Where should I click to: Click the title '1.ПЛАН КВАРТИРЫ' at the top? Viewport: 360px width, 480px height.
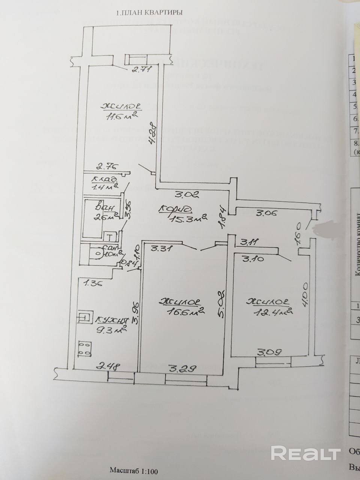(150, 12)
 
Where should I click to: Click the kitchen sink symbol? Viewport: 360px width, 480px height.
(85, 318)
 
